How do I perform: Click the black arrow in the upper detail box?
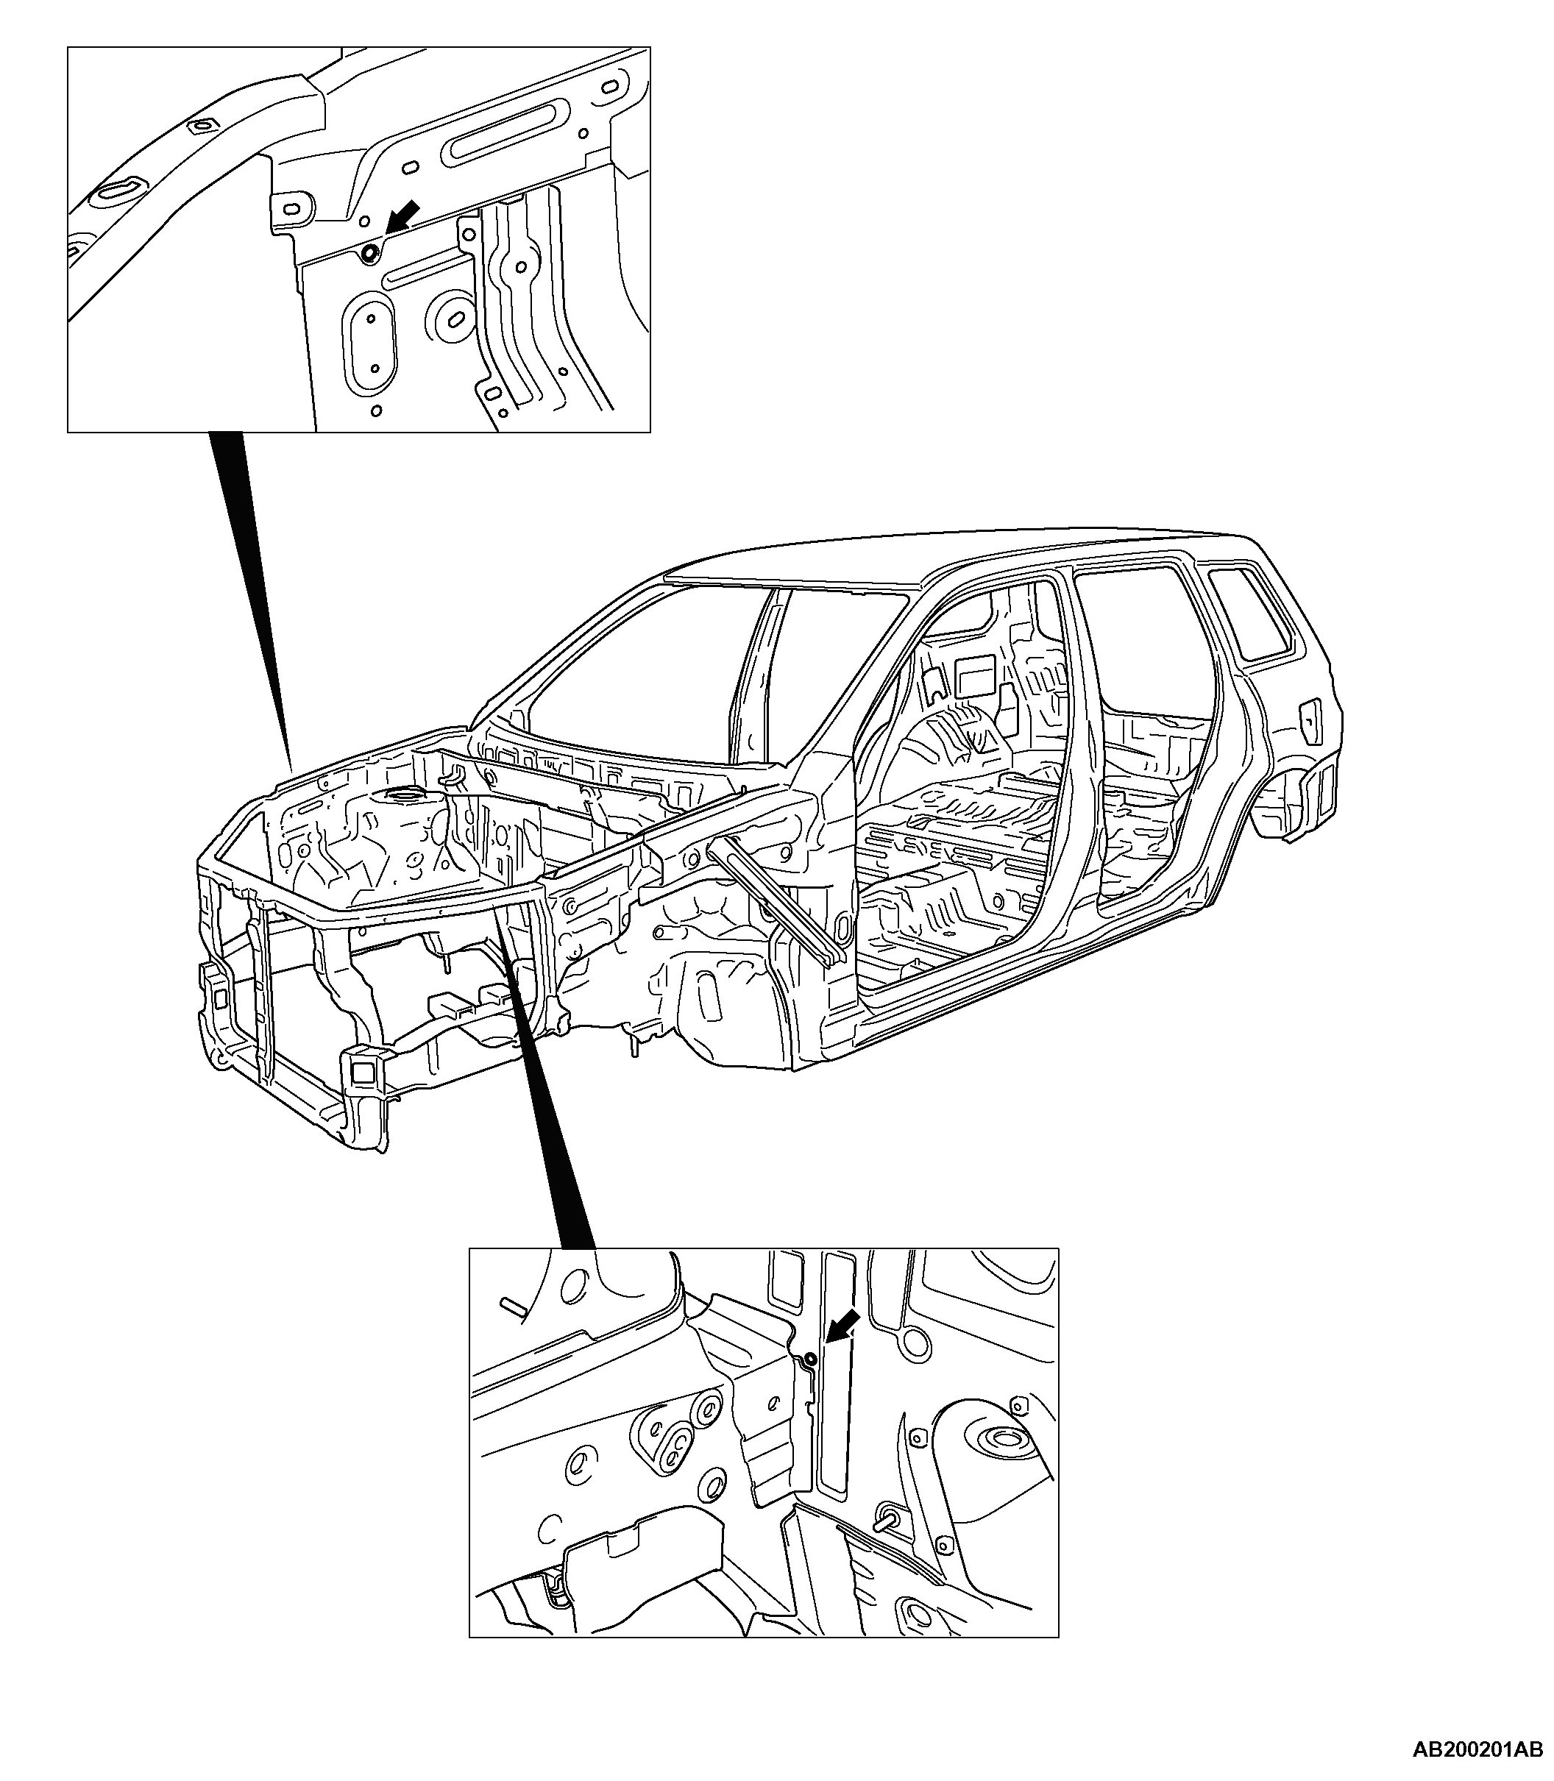pyautogui.click(x=403, y=216)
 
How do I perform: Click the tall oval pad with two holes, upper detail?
pyautogui.click(x=371, y=343)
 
